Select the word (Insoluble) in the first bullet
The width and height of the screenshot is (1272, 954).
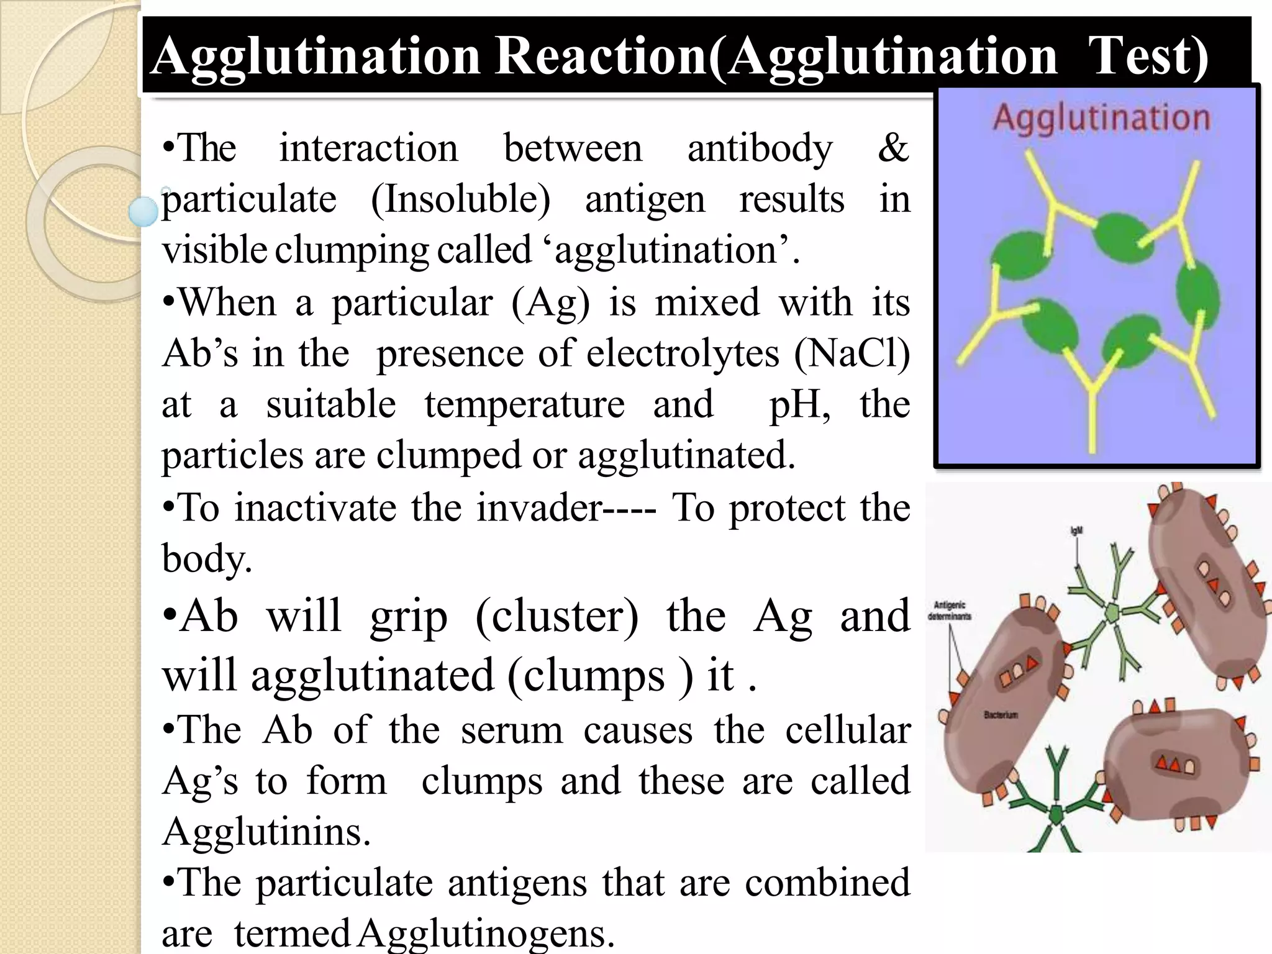[x=460, y=200]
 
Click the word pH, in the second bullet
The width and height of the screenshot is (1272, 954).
[x=800, y=405]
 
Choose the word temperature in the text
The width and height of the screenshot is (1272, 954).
[x=524, y=405]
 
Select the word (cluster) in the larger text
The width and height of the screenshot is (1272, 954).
[x=556, y=616]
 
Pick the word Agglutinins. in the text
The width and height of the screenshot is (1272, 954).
[x=266, y=832]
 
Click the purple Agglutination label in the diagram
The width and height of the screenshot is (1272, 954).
[x=1101, y=117]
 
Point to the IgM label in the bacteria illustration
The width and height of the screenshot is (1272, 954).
[x=1076, y=531]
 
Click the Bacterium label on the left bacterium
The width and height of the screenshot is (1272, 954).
[x=1001, y=715]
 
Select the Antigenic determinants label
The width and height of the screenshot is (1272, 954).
[x=950, y=611]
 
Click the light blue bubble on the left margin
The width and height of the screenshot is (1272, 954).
[x=144, y=211]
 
